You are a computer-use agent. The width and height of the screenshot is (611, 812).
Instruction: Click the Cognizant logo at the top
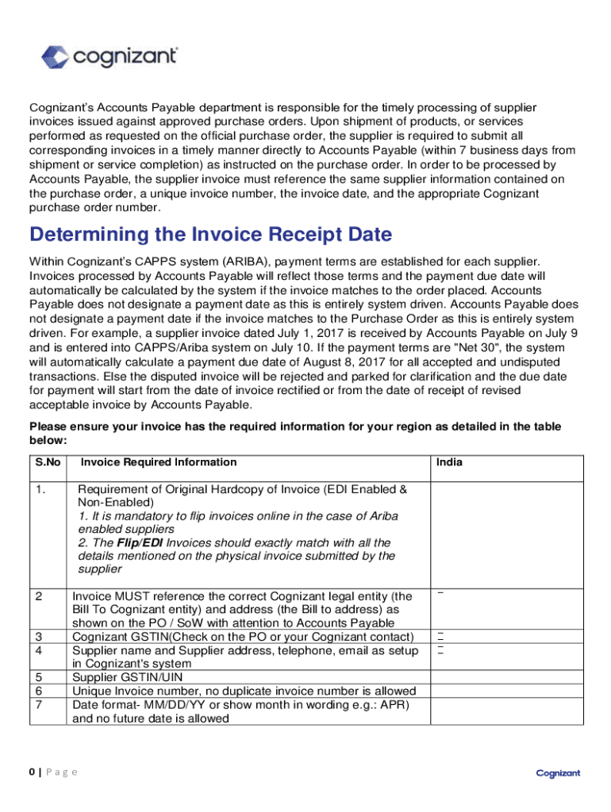[110, 56]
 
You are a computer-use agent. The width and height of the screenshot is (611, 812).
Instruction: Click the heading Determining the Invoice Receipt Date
[211, 235]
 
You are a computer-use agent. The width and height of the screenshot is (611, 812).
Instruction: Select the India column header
[449, 462]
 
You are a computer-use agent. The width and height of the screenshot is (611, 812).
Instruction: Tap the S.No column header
[47, 462]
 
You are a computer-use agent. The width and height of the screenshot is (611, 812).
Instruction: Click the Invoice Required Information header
[159, 462]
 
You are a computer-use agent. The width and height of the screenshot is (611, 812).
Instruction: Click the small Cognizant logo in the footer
[558, 773]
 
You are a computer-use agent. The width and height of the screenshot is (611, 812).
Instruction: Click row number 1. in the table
[40, 489]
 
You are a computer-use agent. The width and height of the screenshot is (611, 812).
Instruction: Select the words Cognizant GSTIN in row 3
[119, 637]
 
